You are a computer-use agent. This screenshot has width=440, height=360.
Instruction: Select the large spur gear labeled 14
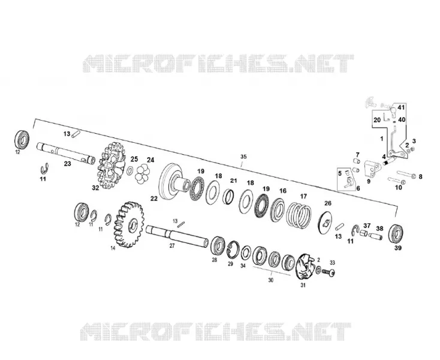(129, 224)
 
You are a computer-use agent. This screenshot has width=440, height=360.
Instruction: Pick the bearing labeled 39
(396, 233)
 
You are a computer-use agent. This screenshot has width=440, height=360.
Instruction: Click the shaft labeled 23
(66, 153)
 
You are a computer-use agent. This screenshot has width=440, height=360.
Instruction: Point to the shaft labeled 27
(177, 236)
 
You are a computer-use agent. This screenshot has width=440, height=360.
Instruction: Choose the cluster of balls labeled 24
(143, 174)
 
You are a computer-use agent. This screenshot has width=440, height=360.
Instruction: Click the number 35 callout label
(243, 157)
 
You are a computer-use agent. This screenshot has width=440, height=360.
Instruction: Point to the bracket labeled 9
(373, 169)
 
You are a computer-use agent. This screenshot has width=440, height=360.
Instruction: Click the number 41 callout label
(401, 107)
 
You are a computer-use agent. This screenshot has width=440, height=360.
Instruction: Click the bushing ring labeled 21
(229, 196)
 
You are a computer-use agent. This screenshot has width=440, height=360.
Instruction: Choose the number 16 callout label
(283, 191)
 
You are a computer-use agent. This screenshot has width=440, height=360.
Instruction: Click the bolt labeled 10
(396, 181)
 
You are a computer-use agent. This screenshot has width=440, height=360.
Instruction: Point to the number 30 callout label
(270, 280)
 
